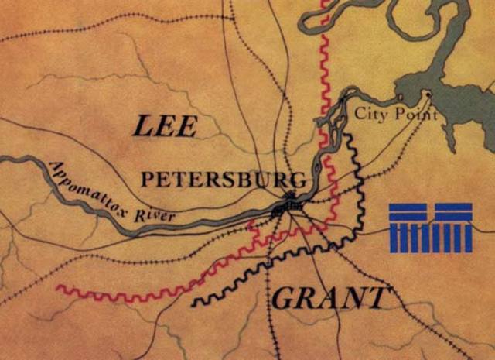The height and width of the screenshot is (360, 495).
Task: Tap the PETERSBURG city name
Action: [223, 180]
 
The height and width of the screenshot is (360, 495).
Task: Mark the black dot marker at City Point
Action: [426, 94]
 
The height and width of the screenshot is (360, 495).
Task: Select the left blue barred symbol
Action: [408, 228]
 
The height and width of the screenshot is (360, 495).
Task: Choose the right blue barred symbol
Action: [453, 228]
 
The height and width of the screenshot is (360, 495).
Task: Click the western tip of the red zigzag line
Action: [59, 288]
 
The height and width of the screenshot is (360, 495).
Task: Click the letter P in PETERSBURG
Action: [146, 180]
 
